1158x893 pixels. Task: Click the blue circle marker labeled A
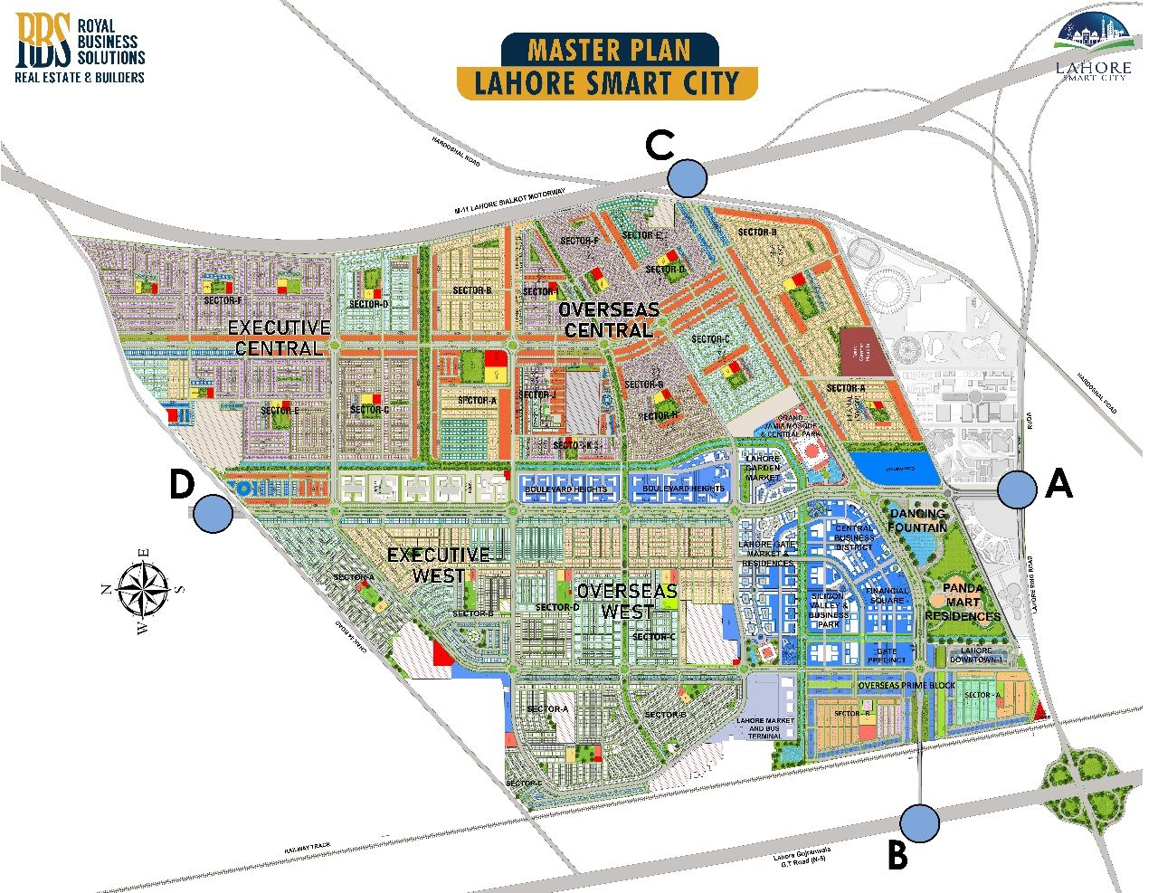[x=1018, y=489]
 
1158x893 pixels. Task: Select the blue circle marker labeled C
[x=688, y=178]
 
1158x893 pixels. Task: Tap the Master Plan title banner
[x=607, y=66]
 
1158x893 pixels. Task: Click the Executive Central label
[x=279, y=337]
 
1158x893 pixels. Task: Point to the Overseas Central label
[x=609, y=320]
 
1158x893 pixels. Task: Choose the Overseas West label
[x=627, y=601]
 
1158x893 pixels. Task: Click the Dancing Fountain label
[x=917, y=520]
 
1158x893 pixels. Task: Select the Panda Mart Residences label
[x=963, y=602]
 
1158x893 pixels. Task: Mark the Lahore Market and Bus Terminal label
[x=765, y=728]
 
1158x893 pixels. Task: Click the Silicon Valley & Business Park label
[x=829, y=611]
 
